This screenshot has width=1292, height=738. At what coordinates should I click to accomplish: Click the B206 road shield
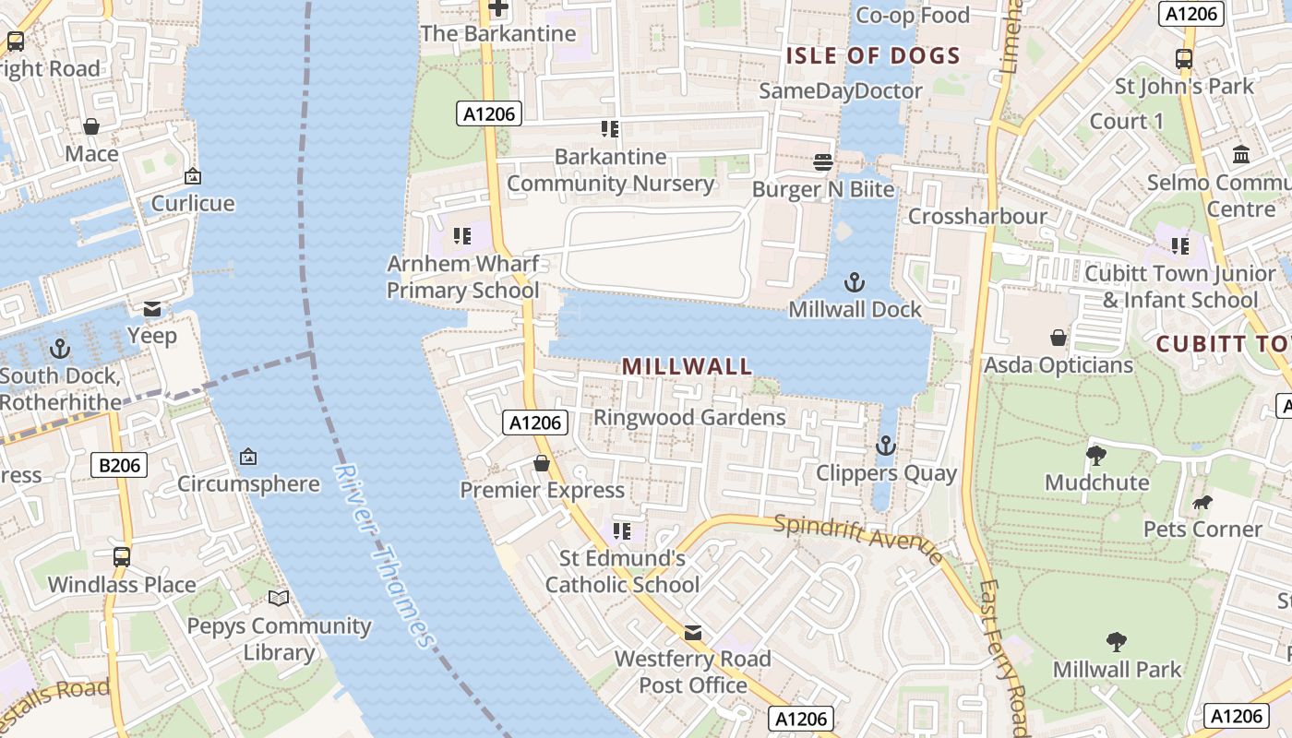point(120,466)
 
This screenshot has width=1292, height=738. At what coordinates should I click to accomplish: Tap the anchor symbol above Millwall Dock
point(855,281)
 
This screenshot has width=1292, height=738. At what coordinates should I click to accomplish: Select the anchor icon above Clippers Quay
point(885,446)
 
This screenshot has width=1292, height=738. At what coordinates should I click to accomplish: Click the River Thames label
point(383,556)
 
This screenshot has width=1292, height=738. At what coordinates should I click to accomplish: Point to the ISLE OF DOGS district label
point(873,55)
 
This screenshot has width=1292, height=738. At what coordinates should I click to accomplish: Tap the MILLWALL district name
point(688,366)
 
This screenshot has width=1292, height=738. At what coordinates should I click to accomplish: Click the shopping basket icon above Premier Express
point(542,463)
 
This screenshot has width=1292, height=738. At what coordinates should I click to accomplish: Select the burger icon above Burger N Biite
point(823,162)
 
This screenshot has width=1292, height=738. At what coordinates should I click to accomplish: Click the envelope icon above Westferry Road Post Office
point(692,633)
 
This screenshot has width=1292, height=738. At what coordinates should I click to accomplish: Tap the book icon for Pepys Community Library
point(279,598)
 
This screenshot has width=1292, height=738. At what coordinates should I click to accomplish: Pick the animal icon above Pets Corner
point(1202,503)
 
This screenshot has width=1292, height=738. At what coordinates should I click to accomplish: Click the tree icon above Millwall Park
point(1117,642)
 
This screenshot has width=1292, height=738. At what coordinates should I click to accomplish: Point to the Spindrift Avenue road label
point(858,537)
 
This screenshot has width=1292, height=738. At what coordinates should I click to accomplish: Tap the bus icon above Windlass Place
point(122,557)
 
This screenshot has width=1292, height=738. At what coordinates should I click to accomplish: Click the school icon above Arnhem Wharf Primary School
point(462,237)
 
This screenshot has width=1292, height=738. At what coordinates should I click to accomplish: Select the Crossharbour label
point(977,217)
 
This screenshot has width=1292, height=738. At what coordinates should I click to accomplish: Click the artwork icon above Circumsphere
point(247,457)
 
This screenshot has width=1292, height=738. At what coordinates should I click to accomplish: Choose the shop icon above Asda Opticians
point(1058,339)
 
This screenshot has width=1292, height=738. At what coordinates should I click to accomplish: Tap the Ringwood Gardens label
point(689,417)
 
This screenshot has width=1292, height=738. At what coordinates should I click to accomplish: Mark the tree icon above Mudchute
point(1096,455)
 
